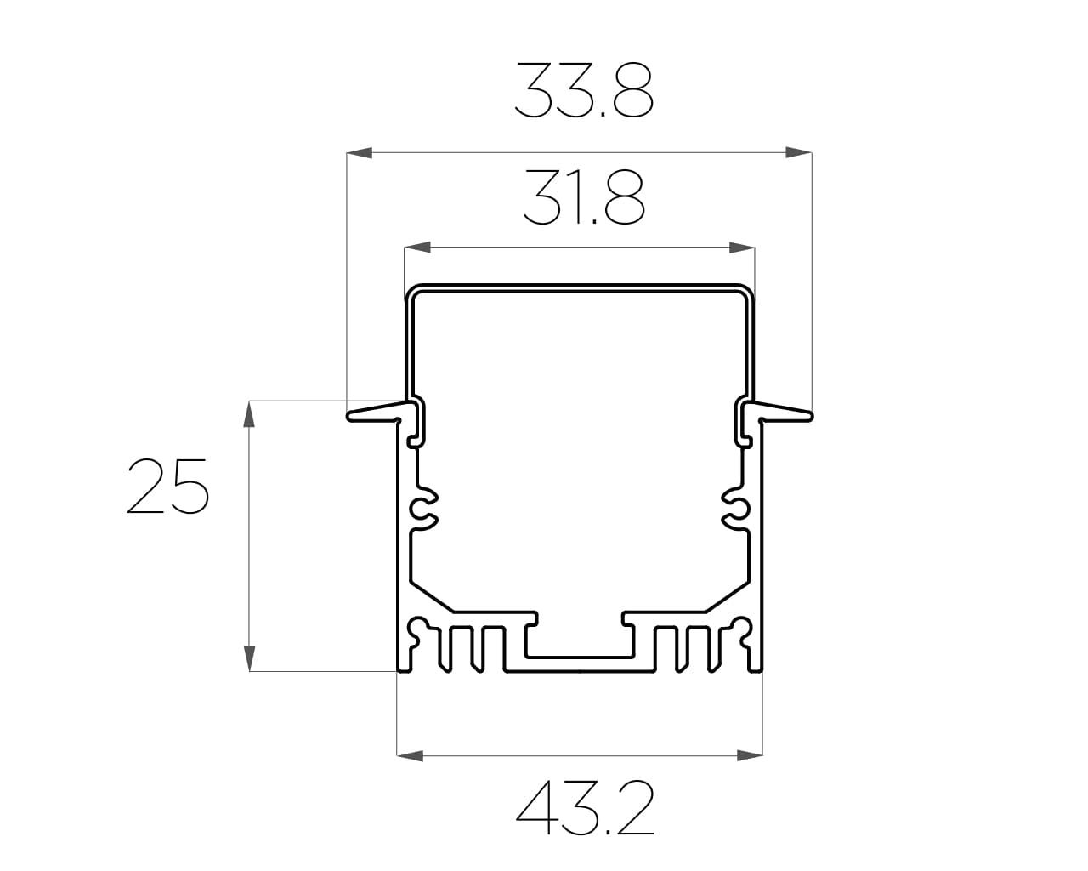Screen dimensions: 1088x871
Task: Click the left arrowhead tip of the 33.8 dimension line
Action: click(347, 153)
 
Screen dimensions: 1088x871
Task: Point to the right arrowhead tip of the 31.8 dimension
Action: click(755, 248)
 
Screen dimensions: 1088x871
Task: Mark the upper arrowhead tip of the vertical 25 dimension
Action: click(249, 401)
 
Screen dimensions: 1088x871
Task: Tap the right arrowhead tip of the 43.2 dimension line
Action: click(762, 756)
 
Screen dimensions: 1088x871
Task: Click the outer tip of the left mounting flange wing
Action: click(348, 417)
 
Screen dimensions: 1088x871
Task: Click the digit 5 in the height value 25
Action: click(189, 486)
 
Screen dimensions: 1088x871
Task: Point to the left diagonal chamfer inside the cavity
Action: click(432, 598)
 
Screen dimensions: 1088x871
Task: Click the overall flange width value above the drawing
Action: click(584, 91)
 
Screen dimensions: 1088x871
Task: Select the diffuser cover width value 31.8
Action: click(584, 196)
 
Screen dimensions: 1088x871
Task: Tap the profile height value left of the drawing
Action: click(167, 486)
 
